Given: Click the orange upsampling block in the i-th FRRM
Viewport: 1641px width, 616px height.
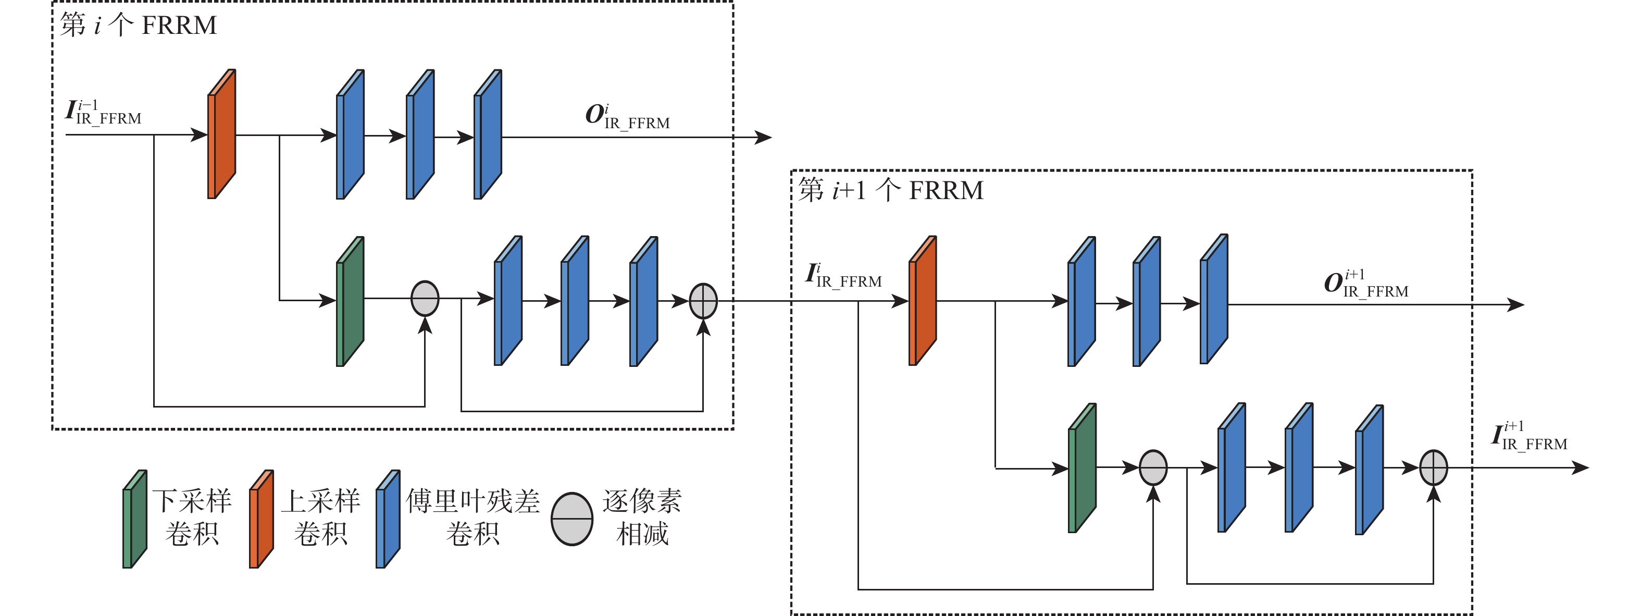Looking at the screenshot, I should (222, 134).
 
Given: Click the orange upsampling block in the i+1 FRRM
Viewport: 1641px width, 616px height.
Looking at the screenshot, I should (923, 301).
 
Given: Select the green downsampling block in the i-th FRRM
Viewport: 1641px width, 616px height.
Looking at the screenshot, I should (350, 302).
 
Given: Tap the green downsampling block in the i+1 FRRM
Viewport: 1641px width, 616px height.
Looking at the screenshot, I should (1081, 468).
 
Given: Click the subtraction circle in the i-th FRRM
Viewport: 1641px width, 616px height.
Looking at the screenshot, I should (425, 298).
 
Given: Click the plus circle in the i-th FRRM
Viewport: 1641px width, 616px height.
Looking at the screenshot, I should (703, 301).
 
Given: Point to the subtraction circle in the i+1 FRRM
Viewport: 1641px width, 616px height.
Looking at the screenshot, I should (1153, 467).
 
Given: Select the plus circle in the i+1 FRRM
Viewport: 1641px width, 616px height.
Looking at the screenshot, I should (1433, 467).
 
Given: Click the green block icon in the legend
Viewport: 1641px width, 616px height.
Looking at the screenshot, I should (135, 519).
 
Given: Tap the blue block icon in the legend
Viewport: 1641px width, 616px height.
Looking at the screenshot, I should (388, 519).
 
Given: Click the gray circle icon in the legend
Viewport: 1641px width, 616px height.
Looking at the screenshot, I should (572, 519).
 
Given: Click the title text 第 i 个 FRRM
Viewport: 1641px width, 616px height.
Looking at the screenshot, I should (138, 26).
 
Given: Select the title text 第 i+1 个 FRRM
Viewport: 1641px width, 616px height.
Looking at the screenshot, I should (891, 190).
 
